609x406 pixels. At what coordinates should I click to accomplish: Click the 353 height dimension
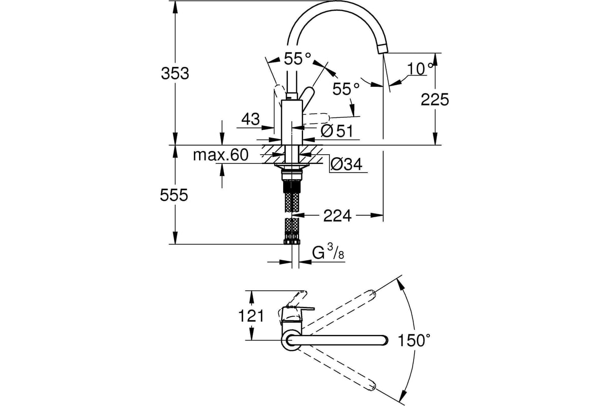pyautogui.click(x=175, y=74)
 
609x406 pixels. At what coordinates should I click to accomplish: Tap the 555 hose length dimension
pyautogui.click(x=174, y=195)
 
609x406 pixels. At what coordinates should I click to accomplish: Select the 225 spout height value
pyautogui.click(x=435, y=99)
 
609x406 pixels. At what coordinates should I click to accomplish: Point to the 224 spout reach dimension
pyautogui.click(x=337, y=216)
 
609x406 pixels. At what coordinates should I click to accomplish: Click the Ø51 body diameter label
pyautogui.click(x=337, y=131)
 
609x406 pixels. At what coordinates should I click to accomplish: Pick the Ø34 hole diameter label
pyautogui.click(x=346, y=164)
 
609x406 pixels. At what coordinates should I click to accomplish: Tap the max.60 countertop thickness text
pyautogui.click(x=221, y=155)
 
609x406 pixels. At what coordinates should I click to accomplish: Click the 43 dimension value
pyautogui.click(x=251, y=119)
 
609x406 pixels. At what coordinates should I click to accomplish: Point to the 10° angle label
pyautogui.click(x=420, y=69)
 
